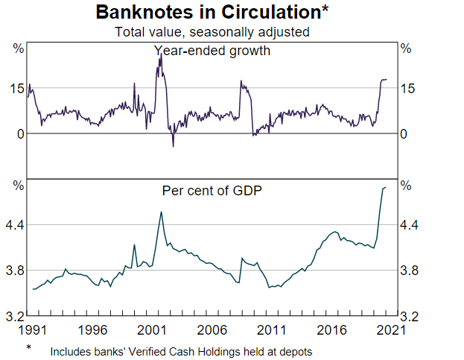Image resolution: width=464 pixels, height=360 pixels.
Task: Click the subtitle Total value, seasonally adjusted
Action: (212, 32)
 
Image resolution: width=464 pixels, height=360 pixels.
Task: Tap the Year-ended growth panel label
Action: (212, 51)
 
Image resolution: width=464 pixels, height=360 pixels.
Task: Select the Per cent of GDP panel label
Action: (212, 190)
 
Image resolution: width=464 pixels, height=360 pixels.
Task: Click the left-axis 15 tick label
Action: (16, 89)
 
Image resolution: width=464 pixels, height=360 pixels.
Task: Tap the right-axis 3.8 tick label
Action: (410, 271)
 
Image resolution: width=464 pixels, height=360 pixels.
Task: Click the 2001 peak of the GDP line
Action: (161, 212)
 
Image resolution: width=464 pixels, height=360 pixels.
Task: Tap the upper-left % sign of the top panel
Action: (19, 48)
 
